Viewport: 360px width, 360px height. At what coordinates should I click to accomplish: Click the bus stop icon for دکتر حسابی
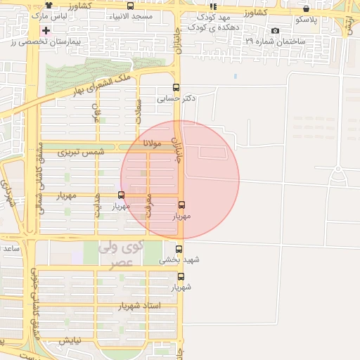click(176, 88)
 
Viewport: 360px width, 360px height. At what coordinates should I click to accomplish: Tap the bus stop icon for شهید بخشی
click(179, 249)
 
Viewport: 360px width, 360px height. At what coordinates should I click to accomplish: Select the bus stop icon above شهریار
click(181, 276)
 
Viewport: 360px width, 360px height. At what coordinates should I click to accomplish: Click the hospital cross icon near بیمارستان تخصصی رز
click(46, 31)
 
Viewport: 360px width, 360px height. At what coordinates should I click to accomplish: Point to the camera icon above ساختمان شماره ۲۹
click(275, 30)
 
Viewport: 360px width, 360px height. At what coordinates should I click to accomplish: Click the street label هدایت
click(98, 205)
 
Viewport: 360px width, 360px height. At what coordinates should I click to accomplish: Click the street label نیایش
click(70, 340)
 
